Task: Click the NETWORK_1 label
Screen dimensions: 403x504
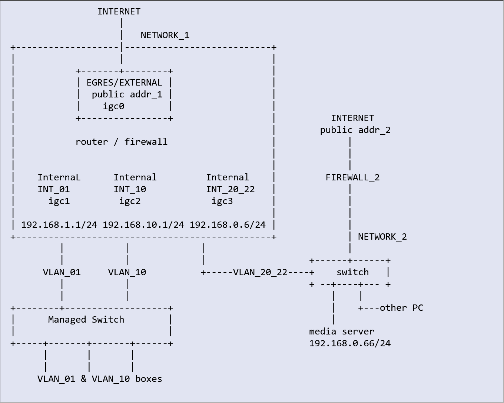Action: (165, 35)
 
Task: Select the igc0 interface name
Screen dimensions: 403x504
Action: (113, 106)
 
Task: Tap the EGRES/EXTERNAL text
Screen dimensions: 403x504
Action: (124, 83)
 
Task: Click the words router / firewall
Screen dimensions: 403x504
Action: (122, 142)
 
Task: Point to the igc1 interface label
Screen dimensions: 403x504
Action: (59, 201)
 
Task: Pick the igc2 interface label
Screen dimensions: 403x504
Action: (130, 201)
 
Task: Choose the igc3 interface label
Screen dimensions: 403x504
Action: (222, 201)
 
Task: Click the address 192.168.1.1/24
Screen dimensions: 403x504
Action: (59, 225)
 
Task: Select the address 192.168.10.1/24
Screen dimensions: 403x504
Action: (143, 225)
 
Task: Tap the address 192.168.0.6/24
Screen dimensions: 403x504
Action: (228, 225)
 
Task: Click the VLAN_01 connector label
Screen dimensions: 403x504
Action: (62, 272)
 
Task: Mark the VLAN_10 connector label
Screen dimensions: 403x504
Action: (127, 272)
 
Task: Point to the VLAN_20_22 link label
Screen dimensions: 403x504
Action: (260, 272)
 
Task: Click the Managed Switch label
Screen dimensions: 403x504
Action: (86, 320)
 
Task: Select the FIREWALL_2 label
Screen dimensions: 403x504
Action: (352, 177)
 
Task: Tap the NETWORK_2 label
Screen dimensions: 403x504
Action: (382, 237)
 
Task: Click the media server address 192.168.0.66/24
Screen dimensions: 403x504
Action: (350, 343)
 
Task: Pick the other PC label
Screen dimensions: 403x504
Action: (401, 308)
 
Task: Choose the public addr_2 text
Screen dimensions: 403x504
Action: (355, 130)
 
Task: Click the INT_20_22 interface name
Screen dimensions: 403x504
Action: (231, 189)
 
